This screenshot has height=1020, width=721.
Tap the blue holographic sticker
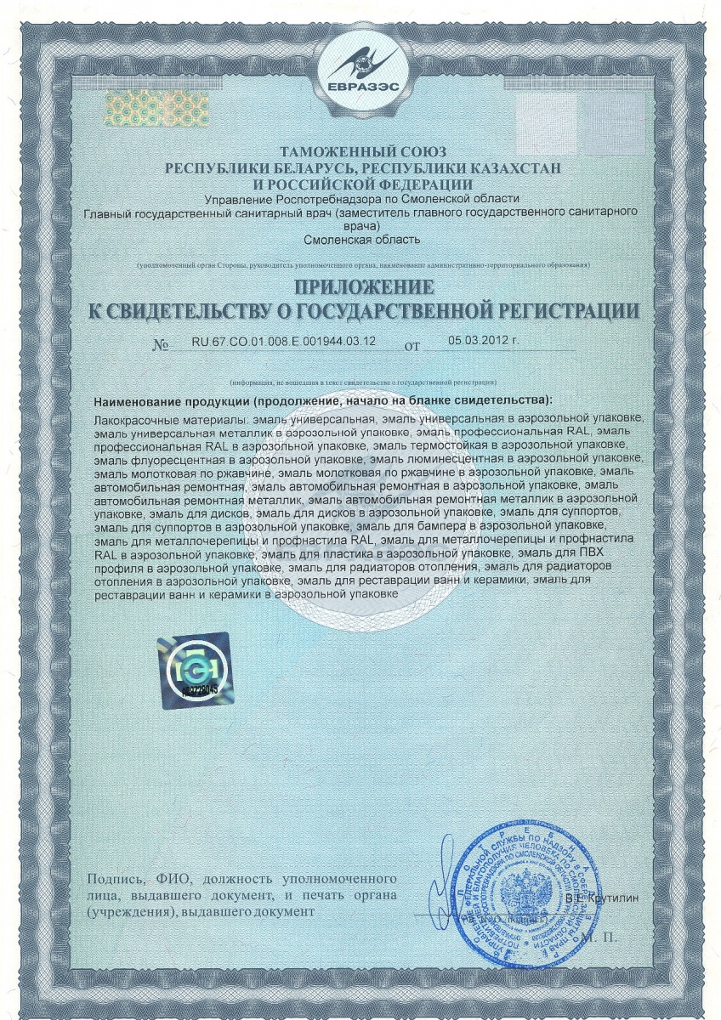[194, 670]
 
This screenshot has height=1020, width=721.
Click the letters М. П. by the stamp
[601, 938]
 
